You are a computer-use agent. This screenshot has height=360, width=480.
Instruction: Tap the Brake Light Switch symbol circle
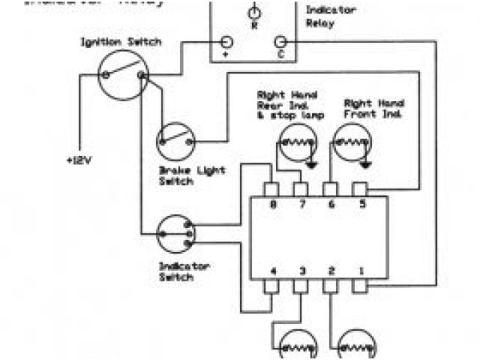[177, 140]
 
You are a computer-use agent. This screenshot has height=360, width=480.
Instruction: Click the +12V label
[79, 160]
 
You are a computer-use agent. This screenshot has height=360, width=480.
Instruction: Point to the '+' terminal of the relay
[226, 43]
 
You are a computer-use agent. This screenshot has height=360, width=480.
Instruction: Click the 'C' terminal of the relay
[281, 43]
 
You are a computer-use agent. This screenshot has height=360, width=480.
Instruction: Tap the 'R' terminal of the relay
[253, 13]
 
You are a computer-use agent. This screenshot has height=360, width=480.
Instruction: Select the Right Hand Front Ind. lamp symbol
[352, 142]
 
